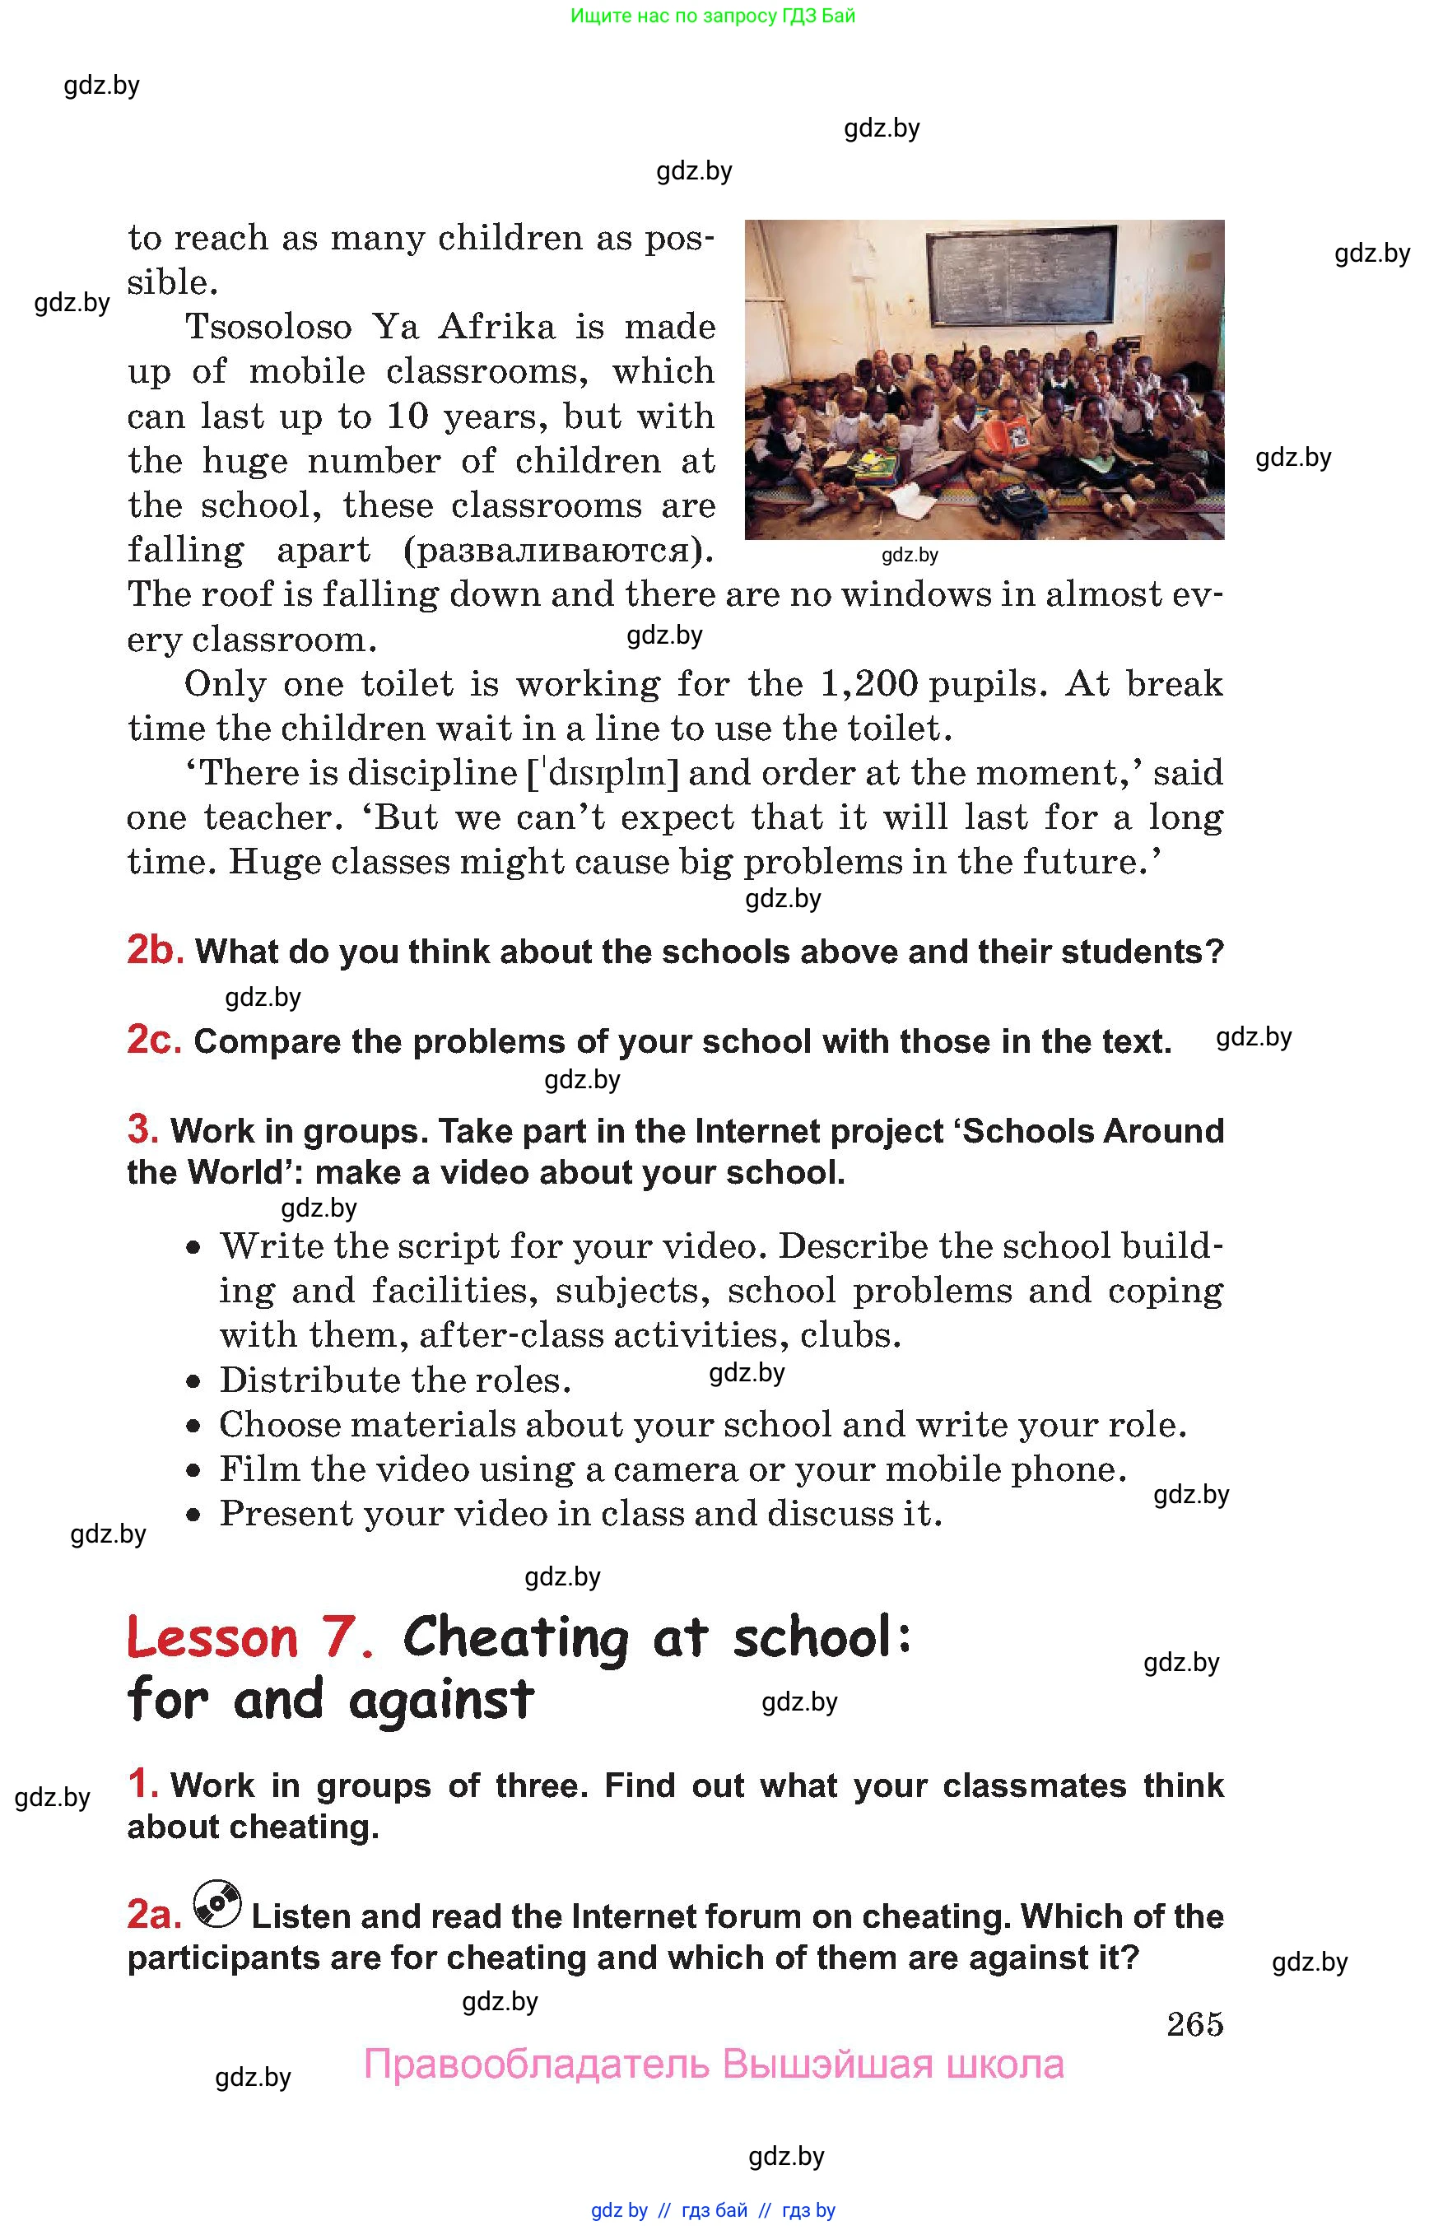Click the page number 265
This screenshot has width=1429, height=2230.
1194,2024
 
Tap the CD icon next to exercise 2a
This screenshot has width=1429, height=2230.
217,1904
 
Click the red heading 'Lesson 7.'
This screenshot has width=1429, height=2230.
249,1638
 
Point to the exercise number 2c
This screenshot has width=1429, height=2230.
154,1041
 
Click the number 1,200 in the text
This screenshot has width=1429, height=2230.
868,684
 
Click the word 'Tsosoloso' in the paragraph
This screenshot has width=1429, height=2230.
269,327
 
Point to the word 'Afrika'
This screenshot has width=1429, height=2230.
496,327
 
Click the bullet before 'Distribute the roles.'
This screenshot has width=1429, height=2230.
193,1383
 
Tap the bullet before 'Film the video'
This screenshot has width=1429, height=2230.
193,1471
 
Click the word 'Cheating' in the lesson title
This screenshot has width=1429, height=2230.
515,1638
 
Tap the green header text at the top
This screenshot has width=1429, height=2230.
713,16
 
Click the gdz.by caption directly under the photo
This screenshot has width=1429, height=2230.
910,555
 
